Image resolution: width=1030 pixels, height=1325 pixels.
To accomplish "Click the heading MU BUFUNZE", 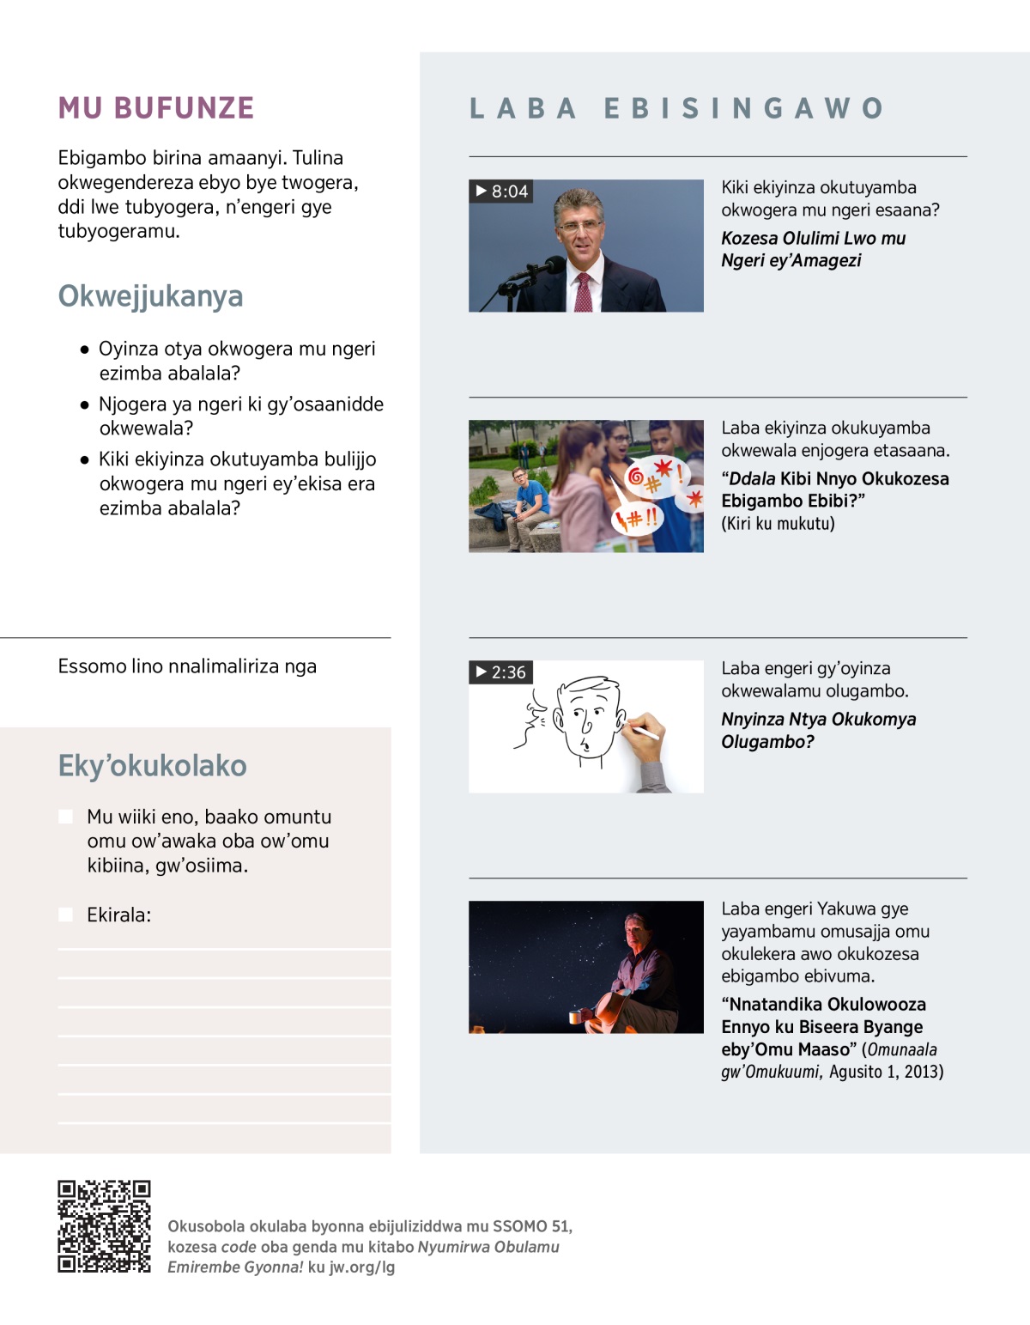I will (x=156, y=108).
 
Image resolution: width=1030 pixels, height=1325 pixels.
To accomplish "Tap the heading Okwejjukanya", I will (x=150, y=296).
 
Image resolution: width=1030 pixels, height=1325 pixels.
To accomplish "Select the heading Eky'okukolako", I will (x=152, y=765).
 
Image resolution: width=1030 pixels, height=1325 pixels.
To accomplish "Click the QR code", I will (x=104, y=1226).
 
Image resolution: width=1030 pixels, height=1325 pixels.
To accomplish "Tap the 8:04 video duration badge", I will (x=501, y=191).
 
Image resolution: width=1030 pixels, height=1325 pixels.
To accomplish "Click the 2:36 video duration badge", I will (x=501, y=672).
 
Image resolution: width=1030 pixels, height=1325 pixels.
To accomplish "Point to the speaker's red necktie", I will (x=584, y=292).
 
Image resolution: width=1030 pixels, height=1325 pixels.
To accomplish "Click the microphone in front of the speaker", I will (x=541, y=268).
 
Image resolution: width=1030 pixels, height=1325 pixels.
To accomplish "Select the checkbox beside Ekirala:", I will (x=65, y=915).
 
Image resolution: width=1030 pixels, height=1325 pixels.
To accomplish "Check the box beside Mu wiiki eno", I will (x=65, y=817).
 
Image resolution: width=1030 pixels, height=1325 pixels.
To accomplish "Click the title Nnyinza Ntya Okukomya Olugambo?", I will (x=818, y=730).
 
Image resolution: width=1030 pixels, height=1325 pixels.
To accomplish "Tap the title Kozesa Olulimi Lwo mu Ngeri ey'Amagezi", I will (x=813, y=249).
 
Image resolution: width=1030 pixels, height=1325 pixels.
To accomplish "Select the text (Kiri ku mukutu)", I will (x=778, y=524).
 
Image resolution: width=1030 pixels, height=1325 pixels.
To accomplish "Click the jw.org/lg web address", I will (x=362, y=1267).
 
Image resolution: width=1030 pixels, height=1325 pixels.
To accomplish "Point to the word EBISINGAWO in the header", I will (x=743, y=108).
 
